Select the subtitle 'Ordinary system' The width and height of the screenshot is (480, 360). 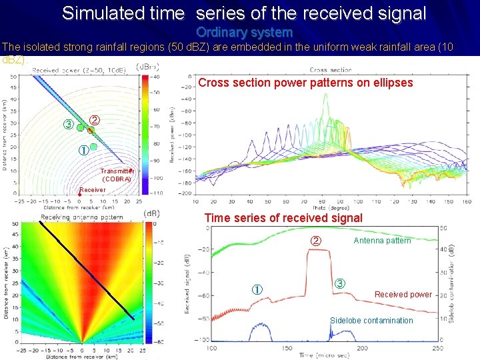(x=244, y=32)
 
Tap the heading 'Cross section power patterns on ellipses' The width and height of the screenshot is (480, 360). (x=305, y=83)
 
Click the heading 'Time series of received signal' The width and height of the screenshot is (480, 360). (x=283, y=217)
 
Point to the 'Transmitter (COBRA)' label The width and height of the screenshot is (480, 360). (x=117, y=175)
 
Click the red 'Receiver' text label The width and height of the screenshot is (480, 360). (x=92, y=190)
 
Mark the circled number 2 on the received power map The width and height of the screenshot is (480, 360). (x=95, y=121)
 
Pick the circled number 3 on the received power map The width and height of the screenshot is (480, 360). (x=67, y=125)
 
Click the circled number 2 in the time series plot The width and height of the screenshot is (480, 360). (x=317, y=241)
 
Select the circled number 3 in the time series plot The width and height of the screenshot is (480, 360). (x=339, y=283)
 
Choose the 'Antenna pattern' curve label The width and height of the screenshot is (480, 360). (x=382, y=241)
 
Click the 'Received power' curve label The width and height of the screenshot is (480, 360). (x=402, y=295)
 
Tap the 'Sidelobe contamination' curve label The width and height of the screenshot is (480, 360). (x=371, y=321)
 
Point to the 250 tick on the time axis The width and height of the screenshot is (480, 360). (x=437, y=348)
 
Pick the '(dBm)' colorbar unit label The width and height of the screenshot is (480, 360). (x=147, y=67)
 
